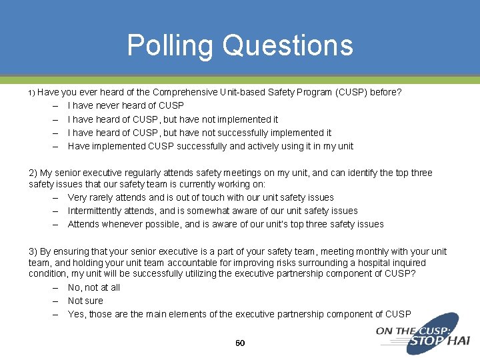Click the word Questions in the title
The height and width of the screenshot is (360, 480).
point(288,45)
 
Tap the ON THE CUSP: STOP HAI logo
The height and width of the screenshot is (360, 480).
point(423,335)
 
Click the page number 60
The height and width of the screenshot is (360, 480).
point(240,343)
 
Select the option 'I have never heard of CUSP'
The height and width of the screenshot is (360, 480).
point(126,105)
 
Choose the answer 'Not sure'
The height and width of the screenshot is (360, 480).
point(85,301)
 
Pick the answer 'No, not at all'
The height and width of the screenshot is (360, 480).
point(94,287)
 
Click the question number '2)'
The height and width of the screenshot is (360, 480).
point(33,173)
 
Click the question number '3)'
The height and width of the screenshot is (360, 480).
point(33,251)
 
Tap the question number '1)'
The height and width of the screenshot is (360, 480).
point(31,93)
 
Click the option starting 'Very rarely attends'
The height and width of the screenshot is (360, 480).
point(201,197)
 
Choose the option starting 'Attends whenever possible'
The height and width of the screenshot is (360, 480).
point(225,224)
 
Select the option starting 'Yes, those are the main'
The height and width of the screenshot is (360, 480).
point(239,314)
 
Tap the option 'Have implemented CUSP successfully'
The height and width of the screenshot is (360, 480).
point(211,146)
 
